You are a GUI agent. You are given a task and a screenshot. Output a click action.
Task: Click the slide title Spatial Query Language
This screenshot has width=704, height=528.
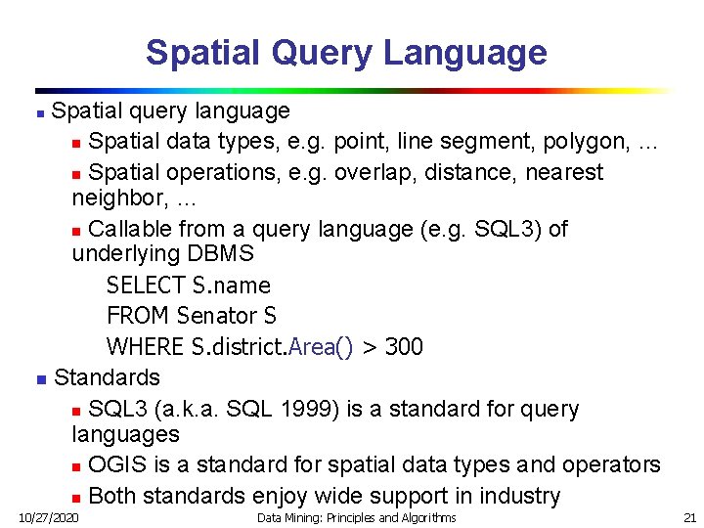coord(346,52)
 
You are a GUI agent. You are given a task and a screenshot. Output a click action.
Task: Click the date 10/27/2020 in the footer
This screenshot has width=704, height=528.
coord(50,516)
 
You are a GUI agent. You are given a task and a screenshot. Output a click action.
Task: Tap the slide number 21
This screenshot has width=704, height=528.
coord(689,516)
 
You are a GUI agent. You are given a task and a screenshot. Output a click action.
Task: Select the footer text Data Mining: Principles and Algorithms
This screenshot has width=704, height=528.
coord(356,516)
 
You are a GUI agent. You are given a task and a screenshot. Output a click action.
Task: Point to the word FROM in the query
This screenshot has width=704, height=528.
coord(138,316)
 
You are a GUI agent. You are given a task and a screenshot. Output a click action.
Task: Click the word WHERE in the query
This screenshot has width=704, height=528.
coord(144,346)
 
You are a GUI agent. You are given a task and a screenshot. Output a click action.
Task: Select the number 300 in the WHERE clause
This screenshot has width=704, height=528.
coord(404,346)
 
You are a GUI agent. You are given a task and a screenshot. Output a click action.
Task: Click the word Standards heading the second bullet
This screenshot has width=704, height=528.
coord(107,376)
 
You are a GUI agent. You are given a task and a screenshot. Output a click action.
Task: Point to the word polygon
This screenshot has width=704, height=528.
coord(587,142)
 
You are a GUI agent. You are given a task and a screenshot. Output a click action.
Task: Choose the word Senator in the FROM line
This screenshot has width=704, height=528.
coord(215,316)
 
